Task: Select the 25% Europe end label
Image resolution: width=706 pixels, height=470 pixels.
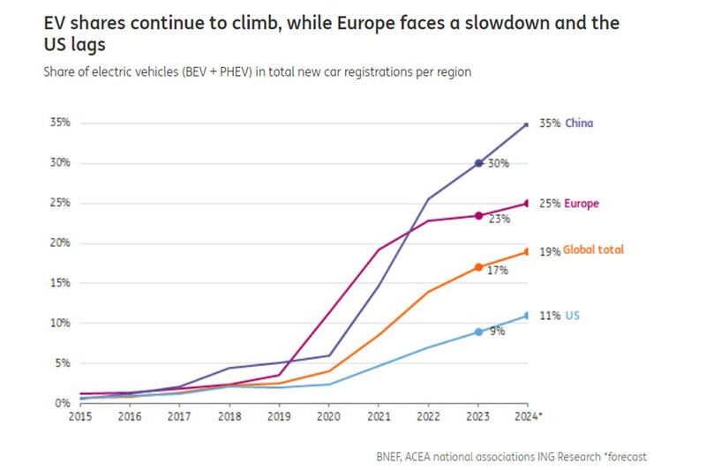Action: (569, 204)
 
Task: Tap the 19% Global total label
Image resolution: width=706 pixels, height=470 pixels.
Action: (581, 250)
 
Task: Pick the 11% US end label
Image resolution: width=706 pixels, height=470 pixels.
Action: (559, 315)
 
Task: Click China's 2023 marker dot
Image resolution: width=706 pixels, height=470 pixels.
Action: (479, 163)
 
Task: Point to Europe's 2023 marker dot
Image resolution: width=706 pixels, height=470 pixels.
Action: (479, 215)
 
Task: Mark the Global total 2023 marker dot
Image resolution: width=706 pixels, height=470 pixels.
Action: (479, 267)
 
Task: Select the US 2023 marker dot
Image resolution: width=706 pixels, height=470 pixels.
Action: (479, 332)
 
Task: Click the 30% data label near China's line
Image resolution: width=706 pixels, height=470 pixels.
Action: (499, 164)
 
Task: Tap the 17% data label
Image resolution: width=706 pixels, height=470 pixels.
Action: (498, 270)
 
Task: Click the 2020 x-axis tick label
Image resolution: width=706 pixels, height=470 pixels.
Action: (328, 415)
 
